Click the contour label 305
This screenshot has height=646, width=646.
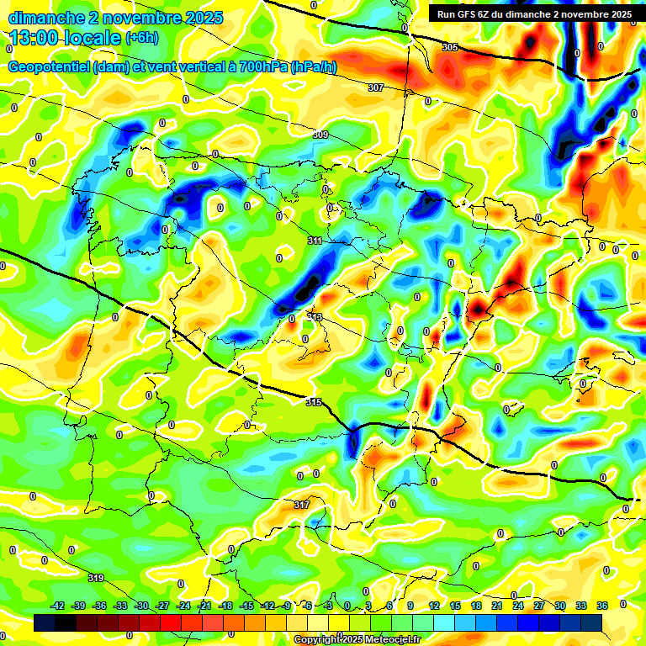tap(450, 47)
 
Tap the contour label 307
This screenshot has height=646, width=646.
tap(376, 87)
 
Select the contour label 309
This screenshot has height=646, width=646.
tap(320, 135)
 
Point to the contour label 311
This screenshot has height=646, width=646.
tap(315, 241)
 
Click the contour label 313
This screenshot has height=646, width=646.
tap(315, 316)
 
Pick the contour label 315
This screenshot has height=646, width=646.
tap(314, 403)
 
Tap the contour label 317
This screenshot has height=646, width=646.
tap(302, 505)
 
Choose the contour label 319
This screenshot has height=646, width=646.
tap(96, 578)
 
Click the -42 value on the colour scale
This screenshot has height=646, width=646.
tap(58, 606)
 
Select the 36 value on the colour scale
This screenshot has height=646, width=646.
tap(602, 606)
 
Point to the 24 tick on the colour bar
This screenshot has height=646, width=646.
tap(518, 606)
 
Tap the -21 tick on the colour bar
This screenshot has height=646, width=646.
tap(204, 606)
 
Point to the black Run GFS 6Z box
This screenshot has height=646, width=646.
tap(535, 13)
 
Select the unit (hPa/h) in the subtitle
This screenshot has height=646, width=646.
tap(313, 67)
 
